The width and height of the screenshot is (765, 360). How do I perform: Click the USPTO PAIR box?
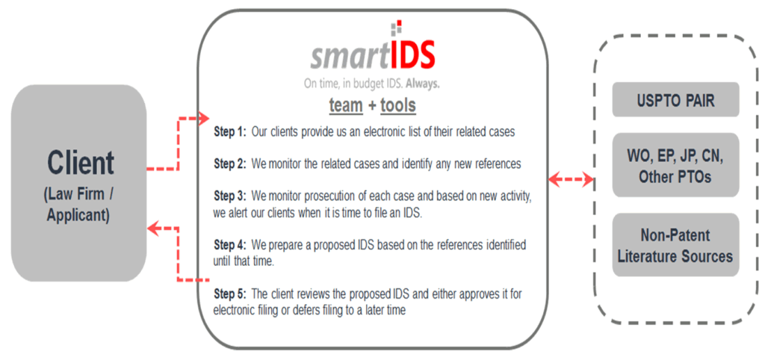point(675,99)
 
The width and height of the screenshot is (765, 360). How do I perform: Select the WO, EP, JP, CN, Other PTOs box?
point(675,165)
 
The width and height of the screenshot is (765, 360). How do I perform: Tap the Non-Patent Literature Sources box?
point(675,245)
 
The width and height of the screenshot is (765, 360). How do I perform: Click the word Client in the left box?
point(81,163)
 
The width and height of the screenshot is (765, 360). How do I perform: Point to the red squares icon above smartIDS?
point(397,28)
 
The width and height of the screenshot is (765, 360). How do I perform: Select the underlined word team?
point(346,105)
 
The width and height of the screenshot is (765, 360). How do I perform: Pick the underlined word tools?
point(398,105)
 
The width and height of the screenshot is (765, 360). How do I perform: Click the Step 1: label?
point(230,132)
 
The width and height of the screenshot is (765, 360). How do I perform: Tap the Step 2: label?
point(230,164)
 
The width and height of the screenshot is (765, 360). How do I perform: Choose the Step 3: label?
point(230,196)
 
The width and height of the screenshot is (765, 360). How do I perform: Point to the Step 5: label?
point(230,294)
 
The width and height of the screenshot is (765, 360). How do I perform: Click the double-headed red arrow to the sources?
point(571,180)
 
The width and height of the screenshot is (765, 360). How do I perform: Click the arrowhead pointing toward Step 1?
point(203,118)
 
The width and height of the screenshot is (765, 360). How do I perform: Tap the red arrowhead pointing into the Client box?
point(154,228)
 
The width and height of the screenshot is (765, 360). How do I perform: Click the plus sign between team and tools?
point(372,106)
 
